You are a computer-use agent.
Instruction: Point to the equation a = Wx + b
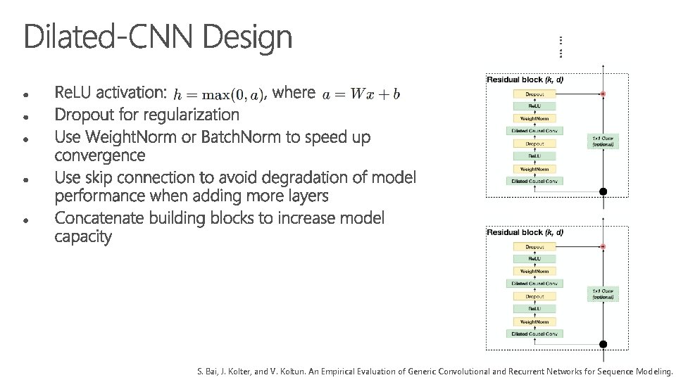pos(361,94)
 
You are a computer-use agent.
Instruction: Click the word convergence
pos(99,155)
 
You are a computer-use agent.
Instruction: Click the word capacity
pos(83,237)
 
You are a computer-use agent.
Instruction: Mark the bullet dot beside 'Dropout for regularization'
pos(25,115)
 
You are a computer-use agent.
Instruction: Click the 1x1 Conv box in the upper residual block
pos(603,141)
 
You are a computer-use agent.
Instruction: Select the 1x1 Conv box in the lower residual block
pos(603,293)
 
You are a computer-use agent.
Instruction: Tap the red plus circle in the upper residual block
pos(603,94)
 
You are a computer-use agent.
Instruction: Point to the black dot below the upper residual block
pos(603,191)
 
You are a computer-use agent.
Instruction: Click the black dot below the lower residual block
pos(603,344)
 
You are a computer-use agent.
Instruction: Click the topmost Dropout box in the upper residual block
pos(534,94)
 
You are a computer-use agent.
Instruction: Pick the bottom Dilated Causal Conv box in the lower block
pos(534,333)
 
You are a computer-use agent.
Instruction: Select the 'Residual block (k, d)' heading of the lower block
pos(525,232)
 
